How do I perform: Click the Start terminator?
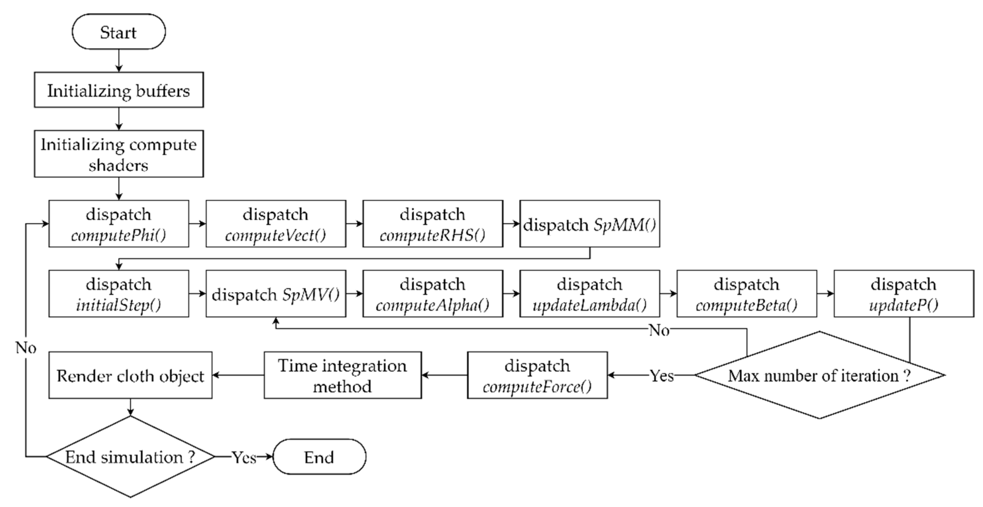coord(119,32)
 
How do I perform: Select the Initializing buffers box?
coord(119,90)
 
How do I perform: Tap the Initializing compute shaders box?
coord(119,154)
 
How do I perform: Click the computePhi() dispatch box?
coord(119,224)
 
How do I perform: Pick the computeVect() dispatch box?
coord(276,224)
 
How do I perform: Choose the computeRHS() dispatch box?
coord(433,224)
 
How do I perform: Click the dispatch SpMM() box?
coord(590,224)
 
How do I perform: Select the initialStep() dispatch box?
coord(119,294)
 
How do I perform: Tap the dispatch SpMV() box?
coord(276,294)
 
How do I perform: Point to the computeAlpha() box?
coord(433,294)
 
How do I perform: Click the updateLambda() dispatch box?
coord(590,294)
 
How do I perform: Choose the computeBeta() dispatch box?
coord(747,294)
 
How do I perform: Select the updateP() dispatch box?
coord(904,294)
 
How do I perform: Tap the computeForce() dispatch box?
coord(537,376)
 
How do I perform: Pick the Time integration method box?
coord(343,376)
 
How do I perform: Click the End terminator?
coord(319,457)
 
